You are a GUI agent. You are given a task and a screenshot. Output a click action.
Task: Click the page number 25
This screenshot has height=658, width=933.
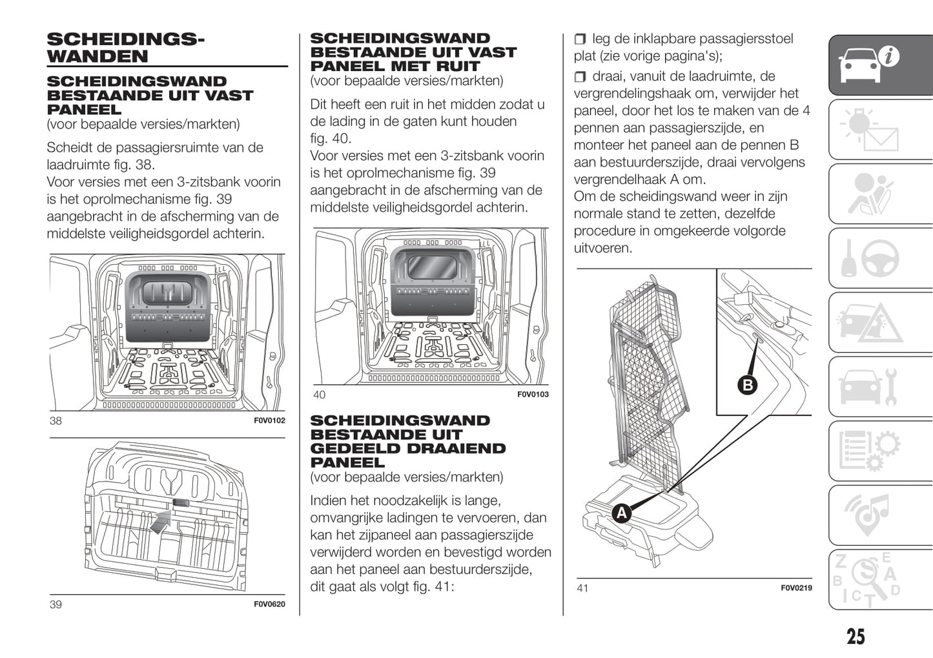pos(855,637)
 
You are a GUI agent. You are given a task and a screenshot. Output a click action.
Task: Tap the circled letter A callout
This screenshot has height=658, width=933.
pos(621,513)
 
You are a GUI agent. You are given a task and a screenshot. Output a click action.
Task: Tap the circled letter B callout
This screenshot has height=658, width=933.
pos(747,386)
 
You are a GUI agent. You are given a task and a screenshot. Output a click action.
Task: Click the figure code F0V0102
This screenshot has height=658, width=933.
pos(269,420)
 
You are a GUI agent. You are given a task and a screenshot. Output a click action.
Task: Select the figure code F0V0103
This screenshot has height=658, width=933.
pos(533,395)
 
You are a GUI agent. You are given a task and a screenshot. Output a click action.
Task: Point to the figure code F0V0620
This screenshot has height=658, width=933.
pos(269,604)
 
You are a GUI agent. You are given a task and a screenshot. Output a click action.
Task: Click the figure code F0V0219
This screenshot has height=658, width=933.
pos(796,588)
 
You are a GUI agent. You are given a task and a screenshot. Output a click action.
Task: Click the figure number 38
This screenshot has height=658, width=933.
pos(56,421)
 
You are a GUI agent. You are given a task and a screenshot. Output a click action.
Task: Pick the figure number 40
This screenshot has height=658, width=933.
pos(319,395)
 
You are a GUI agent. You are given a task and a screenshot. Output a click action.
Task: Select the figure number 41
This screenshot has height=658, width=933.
pos(582,588)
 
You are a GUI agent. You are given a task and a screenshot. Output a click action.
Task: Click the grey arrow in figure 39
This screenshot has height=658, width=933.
pos(161,520)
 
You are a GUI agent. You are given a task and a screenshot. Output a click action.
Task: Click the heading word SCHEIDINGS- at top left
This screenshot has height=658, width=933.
pos(125,39)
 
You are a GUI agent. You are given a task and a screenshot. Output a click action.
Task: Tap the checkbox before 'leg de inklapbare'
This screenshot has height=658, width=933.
pos(580,40)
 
